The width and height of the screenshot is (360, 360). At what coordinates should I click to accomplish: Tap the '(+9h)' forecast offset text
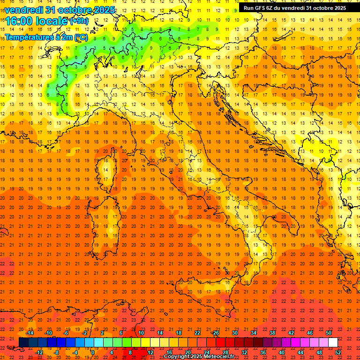pos(79,21)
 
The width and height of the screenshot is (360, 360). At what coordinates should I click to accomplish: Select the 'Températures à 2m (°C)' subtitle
pos(46,37)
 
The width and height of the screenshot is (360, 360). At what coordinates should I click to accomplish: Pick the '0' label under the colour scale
pos(92,352)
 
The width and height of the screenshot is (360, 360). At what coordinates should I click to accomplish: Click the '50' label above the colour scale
pos(329,333)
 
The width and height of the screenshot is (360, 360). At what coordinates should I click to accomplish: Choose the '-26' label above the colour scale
pos(215,333)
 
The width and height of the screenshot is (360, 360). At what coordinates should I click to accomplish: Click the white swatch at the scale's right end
pos(333,343)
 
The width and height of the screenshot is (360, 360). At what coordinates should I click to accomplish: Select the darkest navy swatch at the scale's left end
pos(23,343)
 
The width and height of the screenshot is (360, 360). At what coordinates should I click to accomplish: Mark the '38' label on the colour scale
pos(272,333)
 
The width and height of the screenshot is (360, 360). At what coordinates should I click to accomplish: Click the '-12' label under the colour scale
pos(39,352)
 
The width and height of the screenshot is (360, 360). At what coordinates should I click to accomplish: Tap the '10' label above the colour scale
pos(141,333)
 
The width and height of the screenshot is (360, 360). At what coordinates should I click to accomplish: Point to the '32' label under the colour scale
pos(244,352)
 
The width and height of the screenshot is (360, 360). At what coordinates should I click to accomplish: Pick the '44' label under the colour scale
pos(300,352)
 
